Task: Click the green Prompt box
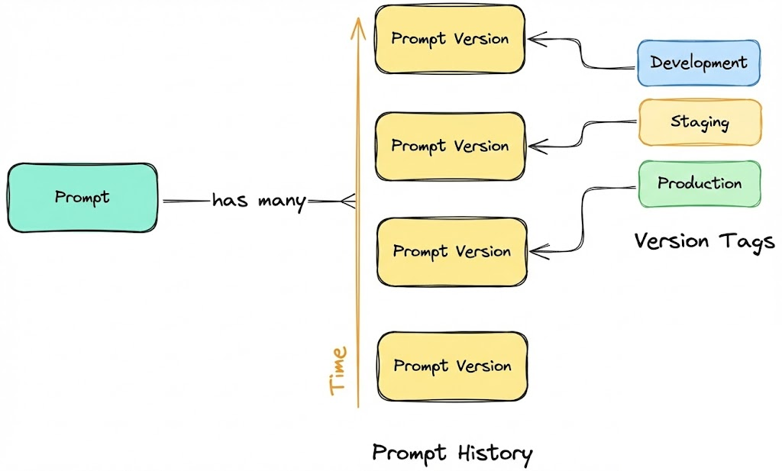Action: (x=82, y=197)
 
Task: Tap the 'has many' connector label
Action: (x=258, y=202)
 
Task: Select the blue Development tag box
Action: (x=699, y=63)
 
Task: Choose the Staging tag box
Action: (x=700, y=121)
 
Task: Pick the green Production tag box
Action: (x=700, y=183)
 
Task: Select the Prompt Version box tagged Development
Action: (x=450, y=39)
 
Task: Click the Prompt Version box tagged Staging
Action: (x=450, y=146)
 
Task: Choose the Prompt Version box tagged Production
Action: (x=451, y=251)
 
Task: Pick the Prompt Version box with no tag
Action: (x=452, y=366)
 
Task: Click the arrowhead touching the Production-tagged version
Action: (x=535, y=250)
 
